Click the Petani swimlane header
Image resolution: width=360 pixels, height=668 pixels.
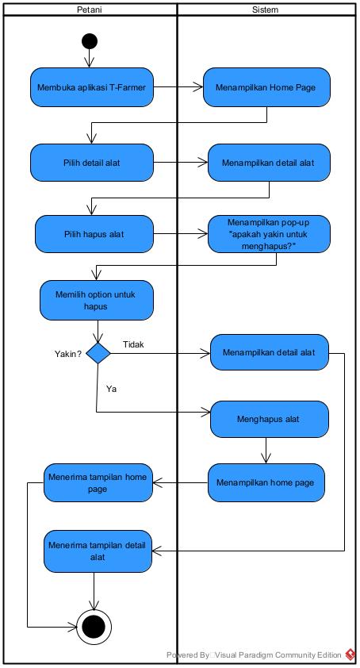point(89,10)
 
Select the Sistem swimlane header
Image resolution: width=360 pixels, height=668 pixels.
point(265,10)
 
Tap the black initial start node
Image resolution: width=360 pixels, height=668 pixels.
point(90,41)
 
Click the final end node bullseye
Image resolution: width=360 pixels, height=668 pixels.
point(94,627)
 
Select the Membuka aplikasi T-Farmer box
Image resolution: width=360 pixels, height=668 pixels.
point(92,87)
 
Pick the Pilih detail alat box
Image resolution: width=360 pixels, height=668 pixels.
point(91,162)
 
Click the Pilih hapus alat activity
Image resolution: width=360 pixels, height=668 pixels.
point(93,234)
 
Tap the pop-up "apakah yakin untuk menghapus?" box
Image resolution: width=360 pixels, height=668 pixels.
point(269,233)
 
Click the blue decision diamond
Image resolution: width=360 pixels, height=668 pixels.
point(98,353)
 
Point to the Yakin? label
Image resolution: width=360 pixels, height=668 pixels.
point(67,354)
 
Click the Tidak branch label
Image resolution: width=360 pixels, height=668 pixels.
point(133,344)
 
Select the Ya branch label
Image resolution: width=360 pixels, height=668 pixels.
point(111,389)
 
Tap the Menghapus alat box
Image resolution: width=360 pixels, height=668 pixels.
point(268,418)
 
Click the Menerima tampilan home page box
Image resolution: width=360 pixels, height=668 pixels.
point(98,482)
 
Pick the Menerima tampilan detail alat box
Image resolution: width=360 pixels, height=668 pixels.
point(98,551)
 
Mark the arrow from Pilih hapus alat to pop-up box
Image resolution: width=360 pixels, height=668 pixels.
point(179,234)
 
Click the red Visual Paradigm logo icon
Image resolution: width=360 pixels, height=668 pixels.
point(350,655)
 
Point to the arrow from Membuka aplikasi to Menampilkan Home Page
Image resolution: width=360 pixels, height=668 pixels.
point(178,87)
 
